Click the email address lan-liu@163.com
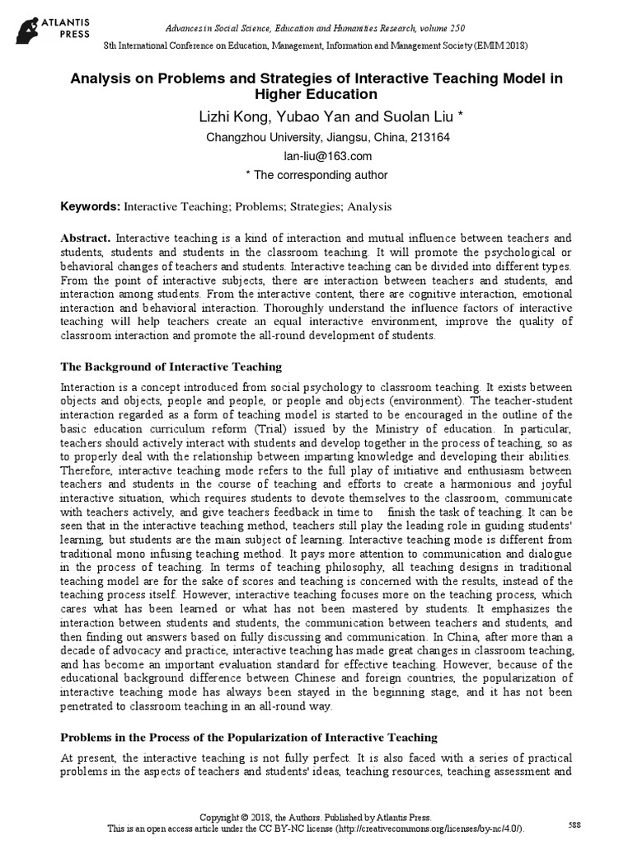[316, 156]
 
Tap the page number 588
[574, 824]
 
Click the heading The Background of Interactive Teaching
[171, 366]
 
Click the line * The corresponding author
[316, 175]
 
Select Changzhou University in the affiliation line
[255, 137]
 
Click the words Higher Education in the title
[316, 94]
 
